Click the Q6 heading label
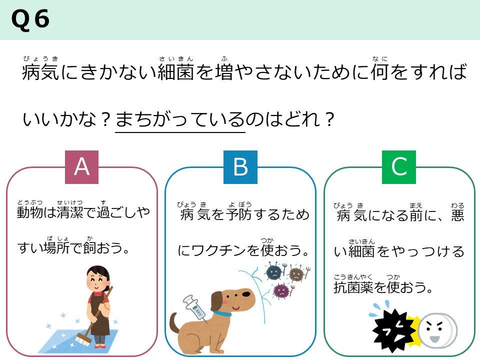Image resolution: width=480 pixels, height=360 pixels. [x=30, y=19]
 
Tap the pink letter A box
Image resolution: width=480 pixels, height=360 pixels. [x=82, y=167]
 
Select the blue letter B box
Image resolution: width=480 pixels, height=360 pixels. [x=240, y=167]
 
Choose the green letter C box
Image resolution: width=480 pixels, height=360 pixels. [x=399, y=167]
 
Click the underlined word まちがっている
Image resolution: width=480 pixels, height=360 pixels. [x=180, y=120]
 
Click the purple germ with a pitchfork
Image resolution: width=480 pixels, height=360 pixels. [x=281, y=290]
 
